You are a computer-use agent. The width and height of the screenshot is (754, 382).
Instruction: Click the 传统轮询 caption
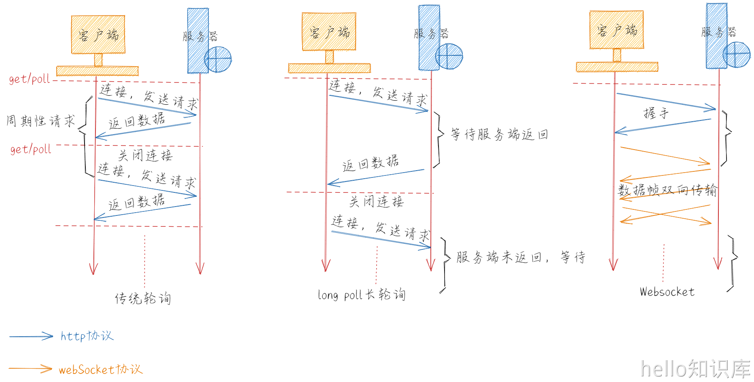coord(143,299)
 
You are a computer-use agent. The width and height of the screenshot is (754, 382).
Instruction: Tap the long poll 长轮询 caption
coord(361,295)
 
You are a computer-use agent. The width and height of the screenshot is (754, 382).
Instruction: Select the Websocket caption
coord(667,292)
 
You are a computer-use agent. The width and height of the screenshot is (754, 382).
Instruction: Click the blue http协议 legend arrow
coord(31,336)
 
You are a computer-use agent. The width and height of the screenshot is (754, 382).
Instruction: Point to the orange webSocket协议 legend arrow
coord(30,369)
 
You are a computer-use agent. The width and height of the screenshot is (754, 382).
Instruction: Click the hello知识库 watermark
coord(695,369)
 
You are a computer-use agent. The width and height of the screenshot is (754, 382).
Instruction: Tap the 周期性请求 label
coord(41,121)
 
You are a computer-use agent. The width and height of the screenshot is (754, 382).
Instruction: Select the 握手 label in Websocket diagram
coord(656,113)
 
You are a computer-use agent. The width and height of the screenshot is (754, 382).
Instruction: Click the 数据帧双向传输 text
coord(667,190)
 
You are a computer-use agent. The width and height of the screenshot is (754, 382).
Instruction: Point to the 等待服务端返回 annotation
coord(499,134)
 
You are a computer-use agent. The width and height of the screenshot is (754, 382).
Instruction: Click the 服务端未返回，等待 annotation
coord(521,257)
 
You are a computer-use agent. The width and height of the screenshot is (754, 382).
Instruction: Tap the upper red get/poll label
coord(30,79)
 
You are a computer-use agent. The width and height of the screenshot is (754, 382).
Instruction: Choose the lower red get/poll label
coord(31,149)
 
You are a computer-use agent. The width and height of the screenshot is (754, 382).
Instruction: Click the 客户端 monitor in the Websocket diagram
coord(616,30)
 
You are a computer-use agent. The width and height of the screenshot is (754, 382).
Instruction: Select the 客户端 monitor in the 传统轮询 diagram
coord(98,35)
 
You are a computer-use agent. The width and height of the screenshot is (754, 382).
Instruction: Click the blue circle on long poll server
coord(449,56)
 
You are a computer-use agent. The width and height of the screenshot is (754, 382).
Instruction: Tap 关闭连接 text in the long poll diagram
coord(377,201)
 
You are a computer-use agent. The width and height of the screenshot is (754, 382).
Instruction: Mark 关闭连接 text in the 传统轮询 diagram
coord(145,155)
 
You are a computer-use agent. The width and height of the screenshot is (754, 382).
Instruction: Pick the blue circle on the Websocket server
coord(737,55)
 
